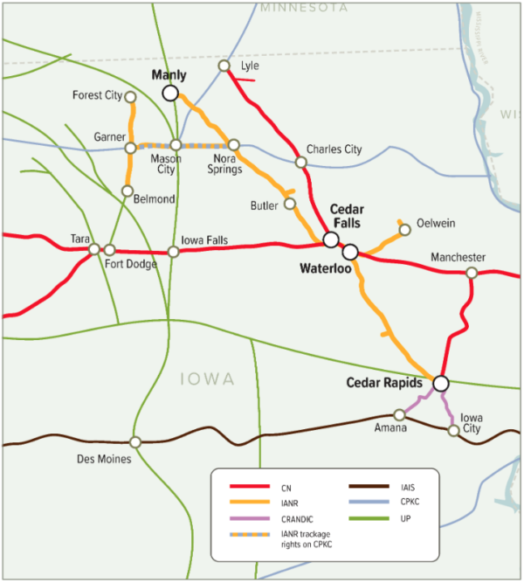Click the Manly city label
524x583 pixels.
pyautogui.click(x=169, y=76)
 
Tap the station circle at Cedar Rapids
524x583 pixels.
pyautogui.click(x=440, y=383)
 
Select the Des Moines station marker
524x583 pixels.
pyautogui.click(x=134, y=442)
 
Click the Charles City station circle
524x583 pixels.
pyautogui.click(x=300, y=162)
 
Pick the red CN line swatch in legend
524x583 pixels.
pyautogui.click(x=248, y=487)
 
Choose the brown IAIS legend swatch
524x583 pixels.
pyautogui.click(x=368, y=487)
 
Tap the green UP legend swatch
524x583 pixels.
pyautogui.click(x=368, y=520)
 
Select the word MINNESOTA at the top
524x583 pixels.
pyautogui.click(x=303, y=7)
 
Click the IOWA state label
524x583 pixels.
pyautogui.click(x=207, y=378)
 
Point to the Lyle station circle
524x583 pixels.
pyautogui.click(x=224, y=66)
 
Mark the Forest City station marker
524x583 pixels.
pyautogui.click(x=130, y=96)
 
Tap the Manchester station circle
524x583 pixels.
pyautogui.click(x=471, y=273)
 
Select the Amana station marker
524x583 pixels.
pyautogui.click(x=398, y=414)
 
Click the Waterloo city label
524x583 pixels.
pyautogui.click(x=327, y=268)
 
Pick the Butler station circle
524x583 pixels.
pyautogui.click(x=290, y=204)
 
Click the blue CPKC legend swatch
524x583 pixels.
pyautogui.click(x=368, y=503)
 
